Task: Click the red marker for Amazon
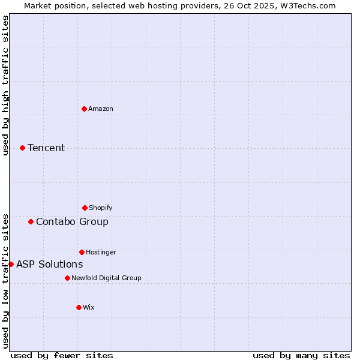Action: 84,109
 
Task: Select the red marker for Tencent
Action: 22,148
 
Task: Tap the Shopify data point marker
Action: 85,208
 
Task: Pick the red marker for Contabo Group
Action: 31,221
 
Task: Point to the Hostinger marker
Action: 82,252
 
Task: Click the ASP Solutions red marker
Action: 11,264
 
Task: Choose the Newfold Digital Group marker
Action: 67,278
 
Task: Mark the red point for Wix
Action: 79,307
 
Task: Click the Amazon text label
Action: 101,109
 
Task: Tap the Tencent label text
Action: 46,148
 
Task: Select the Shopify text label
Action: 101,208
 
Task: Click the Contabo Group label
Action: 72,221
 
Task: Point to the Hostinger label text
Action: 101,252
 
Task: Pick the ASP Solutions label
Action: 49,264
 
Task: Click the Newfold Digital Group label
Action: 106,278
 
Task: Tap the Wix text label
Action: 89,307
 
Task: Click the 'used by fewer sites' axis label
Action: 62,355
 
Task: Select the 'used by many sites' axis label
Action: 301,355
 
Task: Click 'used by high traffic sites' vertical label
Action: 5,85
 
